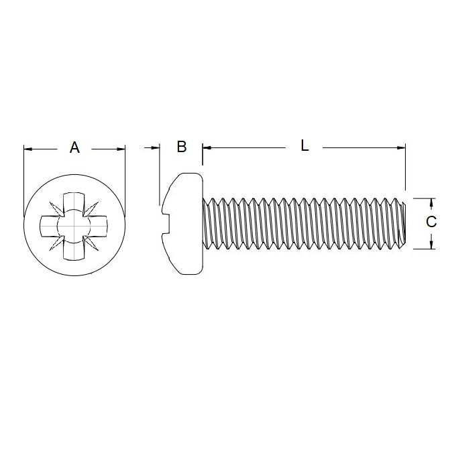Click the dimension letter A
[x=74, y=147]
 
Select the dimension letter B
[x=181, y=147]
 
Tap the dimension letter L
[x=304, y=145]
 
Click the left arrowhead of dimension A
[x=27, y=148]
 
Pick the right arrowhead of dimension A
[x=121, y=148]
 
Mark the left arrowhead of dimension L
[x=207, y=147]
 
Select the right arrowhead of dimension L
[x=402, y=147]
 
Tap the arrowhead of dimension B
[x=156, y=147]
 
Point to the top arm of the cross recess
[x=73, y=203]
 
